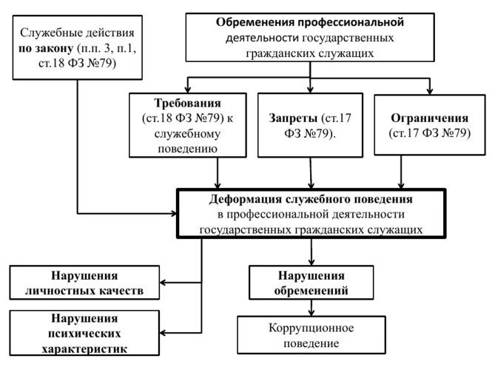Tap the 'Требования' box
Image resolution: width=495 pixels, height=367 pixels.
(188, 124)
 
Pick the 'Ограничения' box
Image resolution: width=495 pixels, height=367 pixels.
(429, 124)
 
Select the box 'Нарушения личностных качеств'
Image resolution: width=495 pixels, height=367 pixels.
(85, 282)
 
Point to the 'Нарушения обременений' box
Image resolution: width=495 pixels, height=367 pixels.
(311, 282)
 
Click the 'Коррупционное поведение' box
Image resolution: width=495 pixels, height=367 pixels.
(311, 334)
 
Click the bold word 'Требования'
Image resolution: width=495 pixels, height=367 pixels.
(188, 102)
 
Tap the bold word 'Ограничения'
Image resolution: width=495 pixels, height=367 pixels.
(429, 118)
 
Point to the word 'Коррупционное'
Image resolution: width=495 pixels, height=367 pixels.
(311, 328)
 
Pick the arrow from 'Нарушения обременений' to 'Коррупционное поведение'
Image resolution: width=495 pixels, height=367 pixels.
(312, 307)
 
